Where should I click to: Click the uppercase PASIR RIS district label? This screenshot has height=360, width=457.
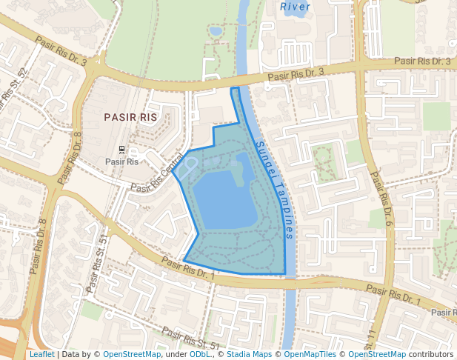pyautogui.click(x=130, y=117)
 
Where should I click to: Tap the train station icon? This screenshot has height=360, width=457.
pyautogui.click(x=121, y=149)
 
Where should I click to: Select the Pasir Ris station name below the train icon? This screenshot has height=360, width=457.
pyautogui.click(x=121, y=161)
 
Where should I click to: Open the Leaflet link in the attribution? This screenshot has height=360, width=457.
pyautogui.click(x=41, y=354)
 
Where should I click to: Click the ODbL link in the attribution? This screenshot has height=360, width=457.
pyautogui.click(x=199, y=354)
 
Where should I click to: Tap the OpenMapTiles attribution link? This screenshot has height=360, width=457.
pyautogui.click(x=312, y=354)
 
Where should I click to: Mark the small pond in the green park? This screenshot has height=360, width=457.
pyautogui.click(x=216, y=31)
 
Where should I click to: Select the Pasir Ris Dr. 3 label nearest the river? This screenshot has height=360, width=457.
pyautogui.click(x=296, y=73)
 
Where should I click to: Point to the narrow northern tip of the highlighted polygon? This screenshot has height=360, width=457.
pyautogui.click(x=236, y=92)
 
